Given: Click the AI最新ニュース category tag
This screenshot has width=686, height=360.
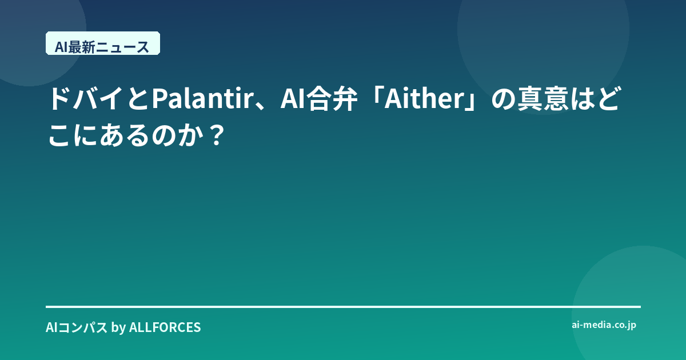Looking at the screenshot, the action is pos(103,43).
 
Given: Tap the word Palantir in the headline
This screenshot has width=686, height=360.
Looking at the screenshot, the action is pos(202,98).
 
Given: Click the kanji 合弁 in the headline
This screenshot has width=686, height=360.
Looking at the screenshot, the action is pos(332,98).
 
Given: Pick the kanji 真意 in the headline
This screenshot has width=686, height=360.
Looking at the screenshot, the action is pos(543,98).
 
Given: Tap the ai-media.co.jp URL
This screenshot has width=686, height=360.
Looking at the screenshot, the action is pos(604,325).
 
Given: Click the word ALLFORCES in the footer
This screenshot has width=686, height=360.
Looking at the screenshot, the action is pos(165,327).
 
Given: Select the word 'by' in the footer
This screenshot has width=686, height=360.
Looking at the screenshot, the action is pos(118,328).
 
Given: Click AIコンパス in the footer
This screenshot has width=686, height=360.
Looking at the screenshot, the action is pos(77,327).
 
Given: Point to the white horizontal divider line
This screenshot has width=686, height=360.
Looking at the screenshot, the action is pos(343,307).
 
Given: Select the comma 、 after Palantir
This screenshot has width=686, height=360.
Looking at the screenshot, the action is pos(261,106).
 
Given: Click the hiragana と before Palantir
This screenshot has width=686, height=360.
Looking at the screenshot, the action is pos(138,98).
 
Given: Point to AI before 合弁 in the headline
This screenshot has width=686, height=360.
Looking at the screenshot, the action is pos(293,98).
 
